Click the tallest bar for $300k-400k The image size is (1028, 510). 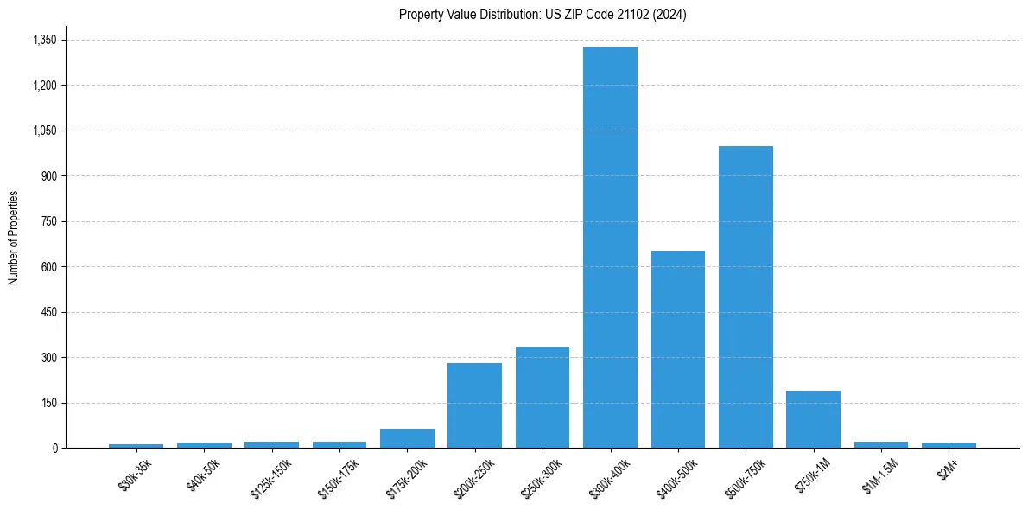click(610, 247)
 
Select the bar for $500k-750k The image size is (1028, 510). click(746, 297)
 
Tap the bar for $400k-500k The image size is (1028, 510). click(678, 349)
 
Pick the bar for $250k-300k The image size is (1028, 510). click(543, 397)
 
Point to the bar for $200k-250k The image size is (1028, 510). click(474, 405)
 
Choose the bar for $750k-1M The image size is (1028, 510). click(813, 419)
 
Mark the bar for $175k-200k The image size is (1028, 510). click(407, 438)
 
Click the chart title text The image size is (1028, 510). click(543, 15)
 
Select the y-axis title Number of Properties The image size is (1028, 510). click(14, 237)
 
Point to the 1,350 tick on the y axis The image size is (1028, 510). click(44, 41)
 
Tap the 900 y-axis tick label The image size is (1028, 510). click(48, 176)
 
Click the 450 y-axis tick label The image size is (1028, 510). click(48, 312)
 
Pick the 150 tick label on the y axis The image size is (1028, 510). click(48, 403)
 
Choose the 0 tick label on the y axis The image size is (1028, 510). click(54, 449)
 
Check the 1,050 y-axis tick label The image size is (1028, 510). click(44, 131)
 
